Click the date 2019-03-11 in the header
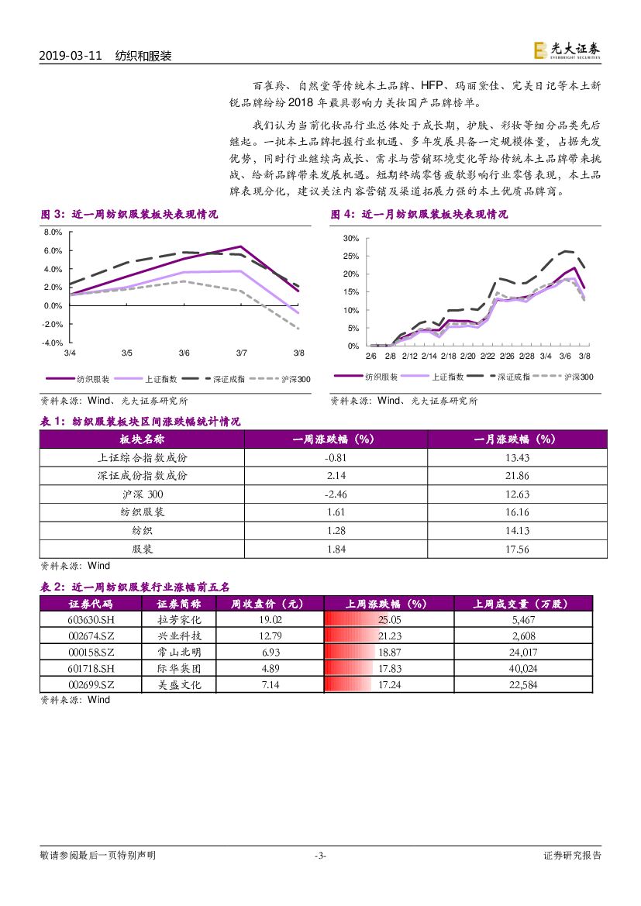point(71,57)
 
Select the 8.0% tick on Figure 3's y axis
point(52,233)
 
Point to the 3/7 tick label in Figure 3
point(241,353)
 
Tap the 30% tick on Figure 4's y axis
point(350,238)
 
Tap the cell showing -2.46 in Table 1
point(335,494)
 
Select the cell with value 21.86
point(516,475)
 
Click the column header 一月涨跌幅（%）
point(516,439)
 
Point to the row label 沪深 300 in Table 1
point(143,494)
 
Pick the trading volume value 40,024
point(524,668)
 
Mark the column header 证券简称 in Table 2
point(178,604)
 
